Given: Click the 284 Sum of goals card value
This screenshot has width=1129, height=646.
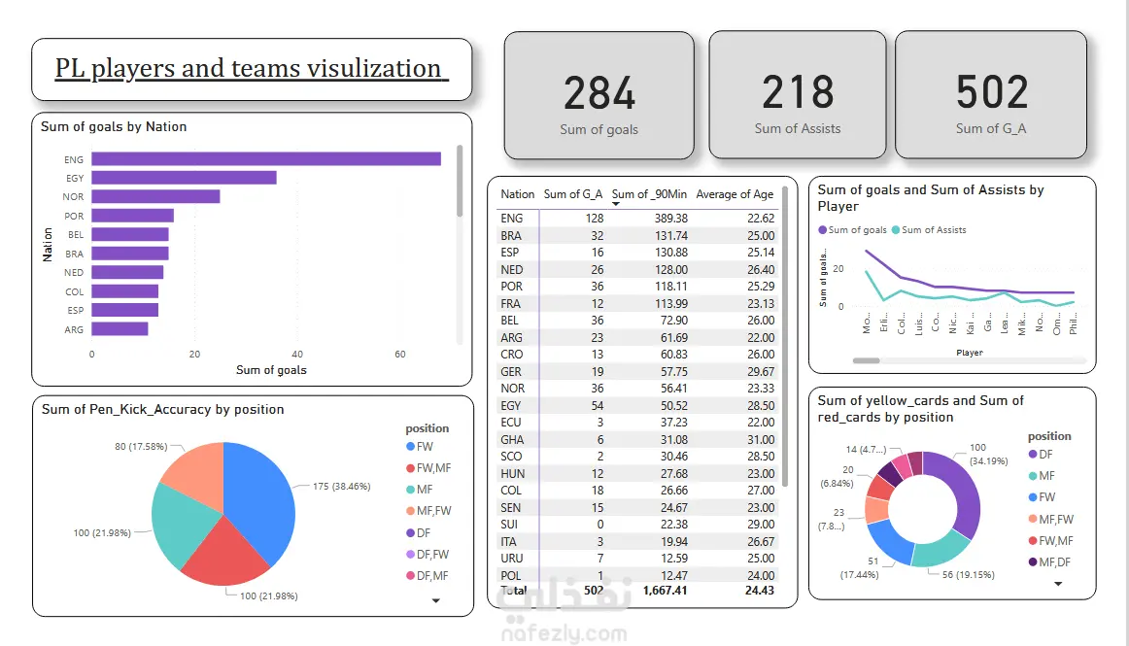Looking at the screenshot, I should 599,93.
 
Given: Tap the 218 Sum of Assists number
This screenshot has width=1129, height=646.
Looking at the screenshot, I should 798,93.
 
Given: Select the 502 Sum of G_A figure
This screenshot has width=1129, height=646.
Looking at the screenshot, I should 991,93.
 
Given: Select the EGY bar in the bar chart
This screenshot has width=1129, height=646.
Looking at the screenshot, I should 184,178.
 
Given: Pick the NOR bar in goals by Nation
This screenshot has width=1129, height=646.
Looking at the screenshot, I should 155,196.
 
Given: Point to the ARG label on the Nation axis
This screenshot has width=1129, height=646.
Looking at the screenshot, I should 74,329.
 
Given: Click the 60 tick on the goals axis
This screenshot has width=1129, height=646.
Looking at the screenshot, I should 400,355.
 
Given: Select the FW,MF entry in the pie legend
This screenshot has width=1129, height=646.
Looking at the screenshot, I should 432,468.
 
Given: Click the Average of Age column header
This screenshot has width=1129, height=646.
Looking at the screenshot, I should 735,194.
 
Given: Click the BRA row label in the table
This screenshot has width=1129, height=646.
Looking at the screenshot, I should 511,236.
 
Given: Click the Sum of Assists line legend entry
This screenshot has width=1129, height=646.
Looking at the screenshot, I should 933,230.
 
